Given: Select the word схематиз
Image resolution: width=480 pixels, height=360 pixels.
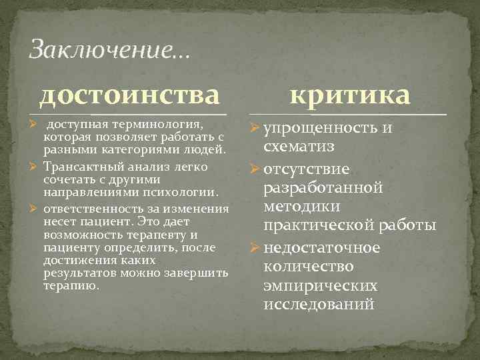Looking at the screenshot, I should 299,146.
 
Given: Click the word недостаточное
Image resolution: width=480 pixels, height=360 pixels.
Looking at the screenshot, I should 322,247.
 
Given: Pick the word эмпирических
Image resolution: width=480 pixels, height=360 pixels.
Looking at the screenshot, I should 321,286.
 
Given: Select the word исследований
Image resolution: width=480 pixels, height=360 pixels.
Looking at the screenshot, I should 319,305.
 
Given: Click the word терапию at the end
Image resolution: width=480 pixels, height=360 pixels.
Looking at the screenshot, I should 70,285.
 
